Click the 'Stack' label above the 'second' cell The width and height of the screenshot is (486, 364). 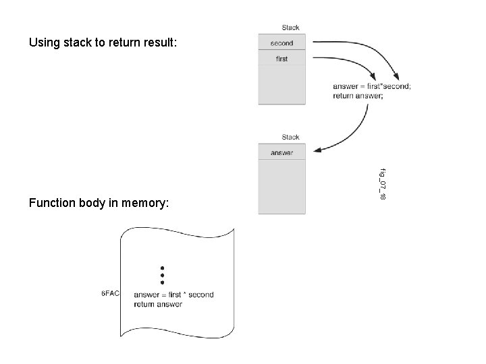[290, 28]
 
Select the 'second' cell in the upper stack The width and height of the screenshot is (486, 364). [281, 43]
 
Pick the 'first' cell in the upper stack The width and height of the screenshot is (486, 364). [281, 59]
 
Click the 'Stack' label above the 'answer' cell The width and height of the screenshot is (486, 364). [290, 138]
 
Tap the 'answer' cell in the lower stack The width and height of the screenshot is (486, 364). [281, 153]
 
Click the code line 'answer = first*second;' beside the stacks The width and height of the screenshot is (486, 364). [371, 86]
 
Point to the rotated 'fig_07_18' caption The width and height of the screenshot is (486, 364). [382, 183]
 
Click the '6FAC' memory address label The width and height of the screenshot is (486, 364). [110, 294]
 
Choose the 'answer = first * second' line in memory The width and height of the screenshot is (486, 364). [173, 295]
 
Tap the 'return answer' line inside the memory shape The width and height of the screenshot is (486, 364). [158, 304]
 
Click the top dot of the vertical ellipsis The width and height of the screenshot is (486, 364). [162, 268]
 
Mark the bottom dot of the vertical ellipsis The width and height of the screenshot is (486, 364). [162, 282]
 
